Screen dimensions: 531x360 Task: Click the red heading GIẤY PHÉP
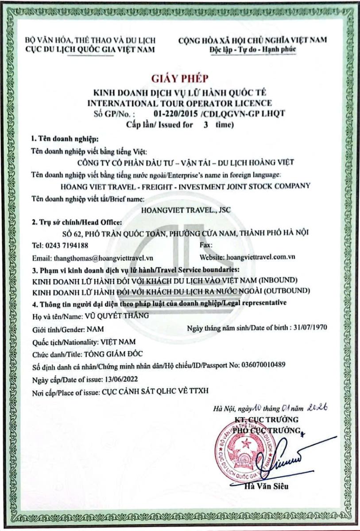179,79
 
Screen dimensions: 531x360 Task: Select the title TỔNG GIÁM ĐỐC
108,354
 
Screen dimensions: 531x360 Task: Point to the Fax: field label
206,245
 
